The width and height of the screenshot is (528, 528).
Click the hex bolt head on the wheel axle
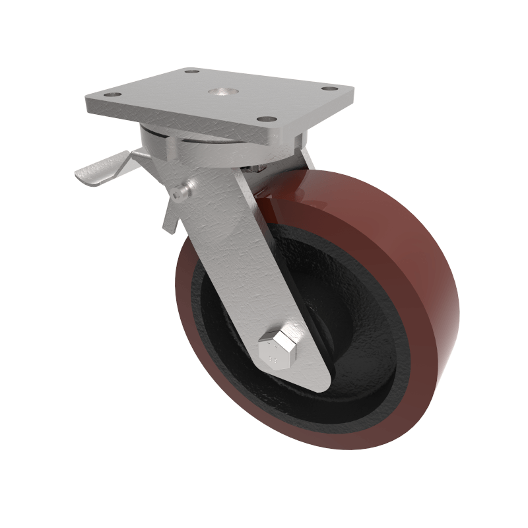(x=277, y=349)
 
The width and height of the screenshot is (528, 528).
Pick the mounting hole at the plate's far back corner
(x=191, y=71)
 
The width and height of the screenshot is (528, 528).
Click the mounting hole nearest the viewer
(x=266, y=119)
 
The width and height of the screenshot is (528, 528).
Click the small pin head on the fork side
(x=180, y=193)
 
